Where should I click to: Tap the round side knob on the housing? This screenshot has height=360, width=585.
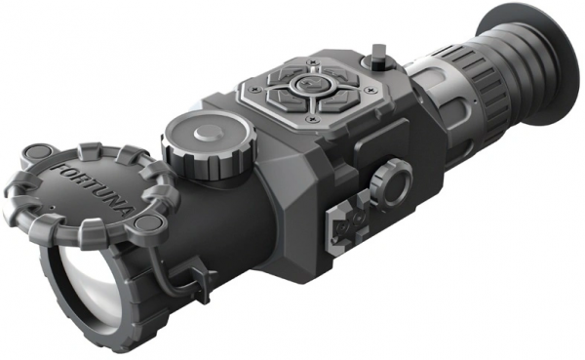(392, 181)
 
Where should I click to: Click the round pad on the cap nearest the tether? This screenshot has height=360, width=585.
(147, 223)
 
